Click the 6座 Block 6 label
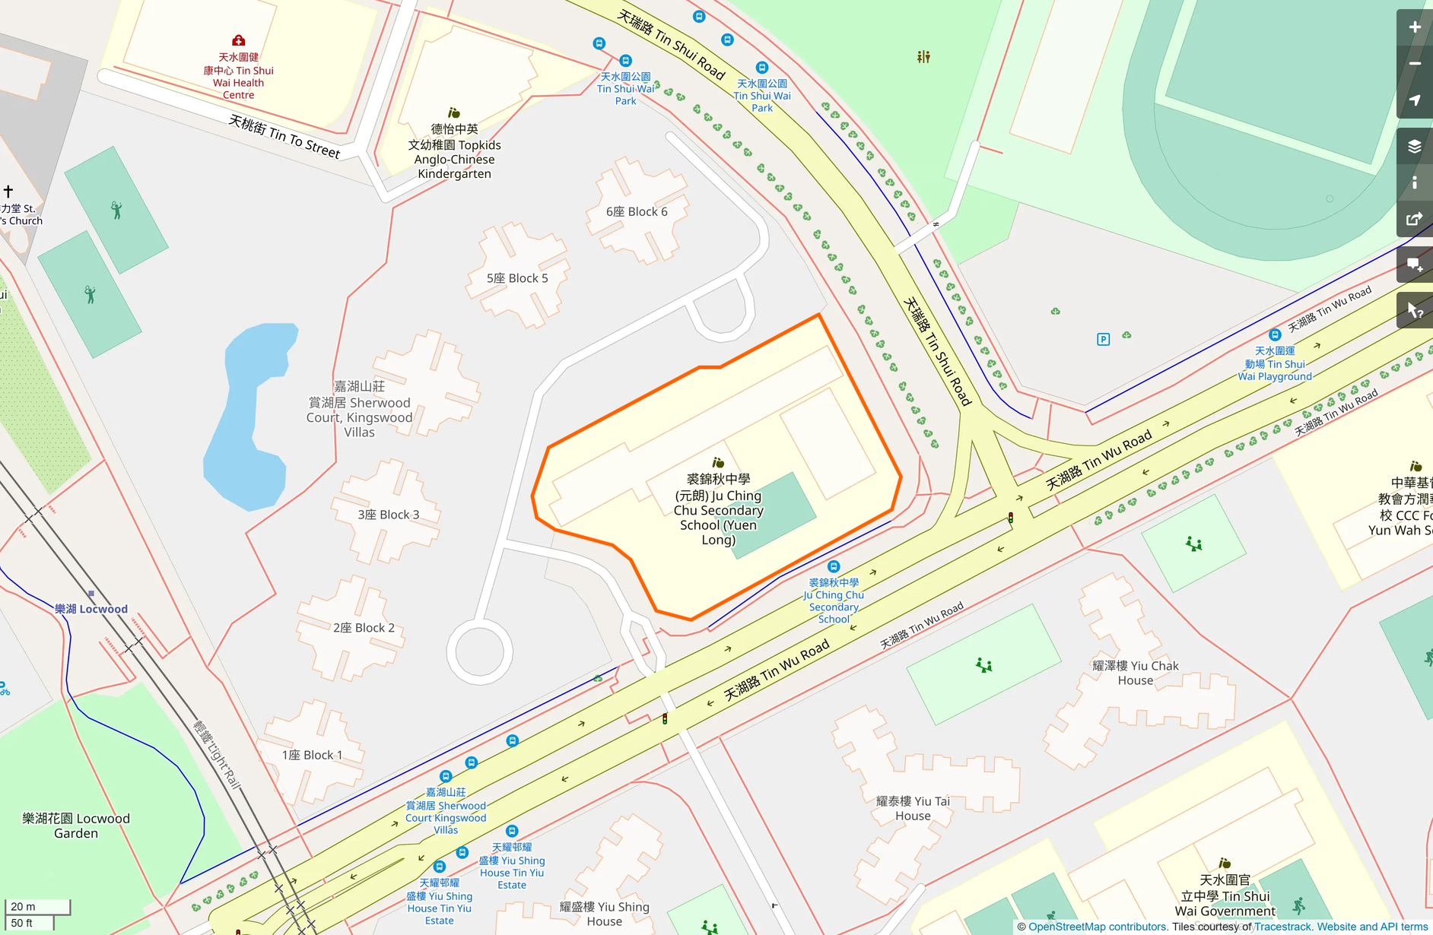click(637, 212)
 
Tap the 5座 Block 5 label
click(517, 278)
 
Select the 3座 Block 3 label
click(388, 515)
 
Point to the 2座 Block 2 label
click(364, 628)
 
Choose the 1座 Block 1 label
click(312, 755)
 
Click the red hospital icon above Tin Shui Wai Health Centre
click(238, 40)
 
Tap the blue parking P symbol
click(1103, 339)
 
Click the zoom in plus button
click(1414, 27)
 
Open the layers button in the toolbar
click(1414, 146)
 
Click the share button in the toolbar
click(1414, 219)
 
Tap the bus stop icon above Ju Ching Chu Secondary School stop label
click(834, 566)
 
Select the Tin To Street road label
click(284, 137)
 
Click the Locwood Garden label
click(76, 826)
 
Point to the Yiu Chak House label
click(1135, 673)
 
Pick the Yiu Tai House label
click(913, 808)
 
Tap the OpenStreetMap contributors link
click(1097, 927)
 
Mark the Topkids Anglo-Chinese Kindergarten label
click(454, 152)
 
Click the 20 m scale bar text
click(24, 906)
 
